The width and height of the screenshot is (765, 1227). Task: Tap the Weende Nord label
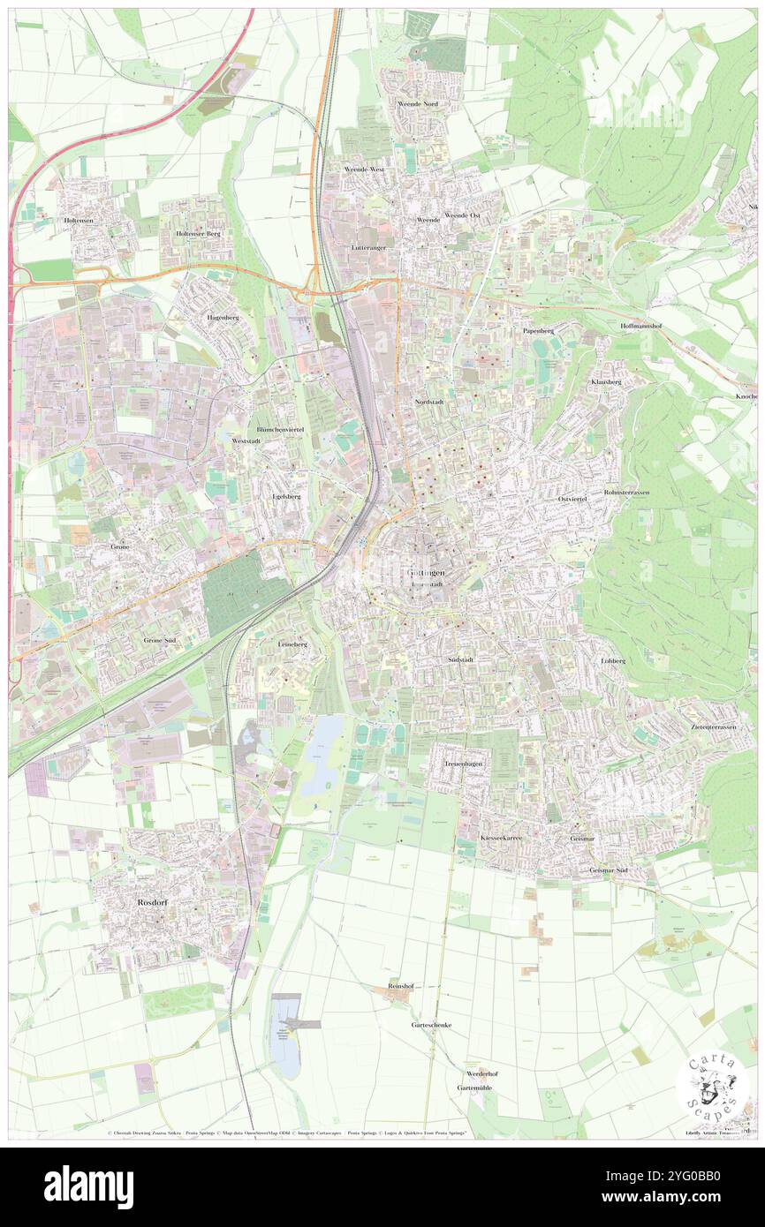pyautogui.click(x=418, y=103)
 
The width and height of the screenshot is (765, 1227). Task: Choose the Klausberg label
pyautogui.click(x=606, y=381)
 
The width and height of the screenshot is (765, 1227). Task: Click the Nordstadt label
pyautogui.click(x=428, y=402)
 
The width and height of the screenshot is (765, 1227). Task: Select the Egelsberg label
pyautogui.click(x=286, y=496)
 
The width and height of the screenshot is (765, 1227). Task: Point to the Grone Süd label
pyautogui.click(x=161, y=639)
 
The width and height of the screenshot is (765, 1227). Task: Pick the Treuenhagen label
pyautogui.click(x=465, y=763)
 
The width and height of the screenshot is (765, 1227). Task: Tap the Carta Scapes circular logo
pyautogui.click(x=712, y=1087)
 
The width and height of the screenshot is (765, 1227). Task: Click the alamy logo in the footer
pyautogui.click(x=88, y=1186)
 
